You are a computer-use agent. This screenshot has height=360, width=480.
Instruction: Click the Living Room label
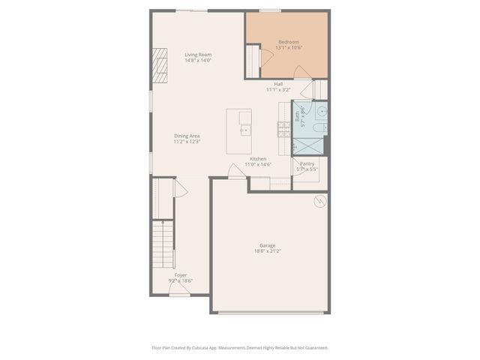pos(198,54)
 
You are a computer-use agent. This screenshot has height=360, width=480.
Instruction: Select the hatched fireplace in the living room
pos(160,65)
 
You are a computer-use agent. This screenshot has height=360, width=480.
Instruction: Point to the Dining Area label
pos(187,136)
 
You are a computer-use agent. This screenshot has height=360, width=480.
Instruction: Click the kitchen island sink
pos(244,130)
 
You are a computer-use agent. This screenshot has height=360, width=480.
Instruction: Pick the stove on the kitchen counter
pos(283,130)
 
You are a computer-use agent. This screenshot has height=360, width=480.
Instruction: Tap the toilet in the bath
pos(319,130)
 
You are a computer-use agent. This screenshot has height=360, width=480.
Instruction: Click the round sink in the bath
pos(321,112)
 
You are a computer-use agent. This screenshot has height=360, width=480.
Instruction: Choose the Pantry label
pos(307,163)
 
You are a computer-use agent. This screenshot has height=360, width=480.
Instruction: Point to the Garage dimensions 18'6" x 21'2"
pos(267,251)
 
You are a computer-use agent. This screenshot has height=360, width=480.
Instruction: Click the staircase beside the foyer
pos(163,244)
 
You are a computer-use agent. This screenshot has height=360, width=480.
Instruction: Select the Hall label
pos(278,84)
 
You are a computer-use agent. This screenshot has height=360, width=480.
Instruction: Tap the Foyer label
pos(181,275)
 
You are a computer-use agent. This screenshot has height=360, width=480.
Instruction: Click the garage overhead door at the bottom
pos(270,313)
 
